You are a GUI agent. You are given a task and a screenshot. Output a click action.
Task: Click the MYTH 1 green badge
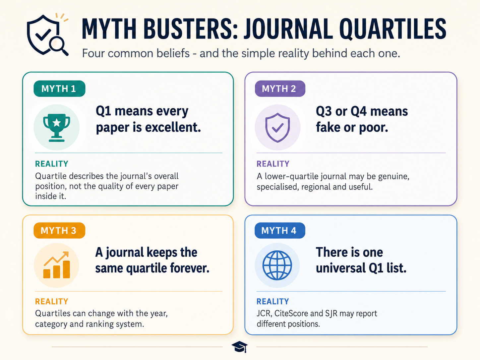[x=59, y=89]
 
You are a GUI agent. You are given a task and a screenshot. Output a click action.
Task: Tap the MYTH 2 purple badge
[x=280, y=89]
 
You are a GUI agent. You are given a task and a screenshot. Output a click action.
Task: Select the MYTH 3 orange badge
[x=59, y=230]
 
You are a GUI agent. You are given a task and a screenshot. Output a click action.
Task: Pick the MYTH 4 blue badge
[x=280, y=230]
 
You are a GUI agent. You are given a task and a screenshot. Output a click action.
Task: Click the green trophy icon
[x=57, y=128]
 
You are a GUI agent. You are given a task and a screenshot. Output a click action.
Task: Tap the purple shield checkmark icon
[x=277, y=128]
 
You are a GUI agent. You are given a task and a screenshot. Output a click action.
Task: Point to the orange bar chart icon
[x=57, y=265]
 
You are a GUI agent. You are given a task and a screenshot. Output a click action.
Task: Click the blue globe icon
[x=277, y=265]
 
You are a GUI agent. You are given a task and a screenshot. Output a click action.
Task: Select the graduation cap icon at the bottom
[x=239, y=347]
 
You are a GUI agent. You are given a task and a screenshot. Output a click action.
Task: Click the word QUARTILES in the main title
[x=392, y=29]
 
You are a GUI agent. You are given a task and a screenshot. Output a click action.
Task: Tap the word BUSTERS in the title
[x=191, y=29]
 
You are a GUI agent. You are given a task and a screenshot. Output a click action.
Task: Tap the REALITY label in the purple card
[x=273, y=164]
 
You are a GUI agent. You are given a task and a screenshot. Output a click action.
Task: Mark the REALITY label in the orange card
[x=52, y=301]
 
